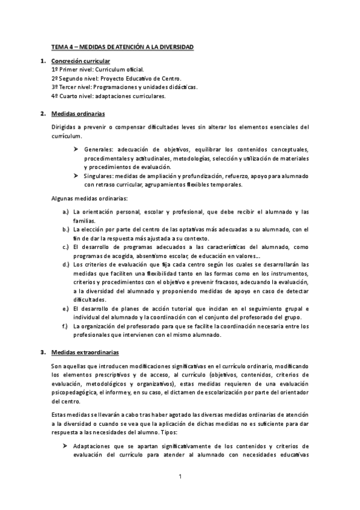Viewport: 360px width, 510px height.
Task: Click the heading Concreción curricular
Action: tap(80, 61)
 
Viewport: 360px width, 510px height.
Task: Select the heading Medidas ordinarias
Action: tap(78, 112)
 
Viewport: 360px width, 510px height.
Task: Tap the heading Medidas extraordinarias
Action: tap(85, 352)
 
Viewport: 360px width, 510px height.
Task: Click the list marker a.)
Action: tap(66, 212)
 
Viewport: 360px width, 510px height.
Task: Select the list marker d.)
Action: tap(66, 264)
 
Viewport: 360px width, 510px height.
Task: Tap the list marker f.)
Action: tap(66, 326)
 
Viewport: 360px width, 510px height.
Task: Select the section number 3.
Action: tap(43, 352)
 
